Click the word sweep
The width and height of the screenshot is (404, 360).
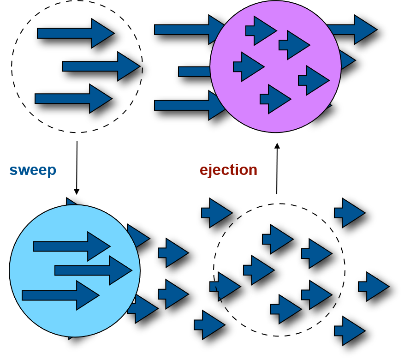[x=33, y=170]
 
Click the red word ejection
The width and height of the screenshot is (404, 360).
[x=228, y=170]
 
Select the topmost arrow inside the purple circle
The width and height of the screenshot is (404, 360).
[x=261, y=31]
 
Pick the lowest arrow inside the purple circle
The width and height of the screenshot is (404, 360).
[x=276, y=99]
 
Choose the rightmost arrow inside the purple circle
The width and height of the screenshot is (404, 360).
[x=314, y=80]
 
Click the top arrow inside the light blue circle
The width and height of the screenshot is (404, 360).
[x=72, y=246]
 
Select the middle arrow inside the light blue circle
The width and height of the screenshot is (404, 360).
[x=94, y=270]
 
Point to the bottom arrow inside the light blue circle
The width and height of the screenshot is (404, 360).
[x=61, y=295]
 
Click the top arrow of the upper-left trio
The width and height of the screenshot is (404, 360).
[x=76, y=33]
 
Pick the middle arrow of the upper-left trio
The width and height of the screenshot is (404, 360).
[x=101, y=66]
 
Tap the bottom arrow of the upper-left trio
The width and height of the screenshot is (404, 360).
[x=73, y=99]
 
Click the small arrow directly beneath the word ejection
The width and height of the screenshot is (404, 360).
[x=217, y=213]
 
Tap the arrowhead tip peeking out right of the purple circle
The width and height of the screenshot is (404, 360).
[x=349, y=60]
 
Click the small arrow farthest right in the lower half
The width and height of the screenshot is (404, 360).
[x=374, y=287]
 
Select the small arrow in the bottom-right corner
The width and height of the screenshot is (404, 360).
[x=350, y=331]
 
